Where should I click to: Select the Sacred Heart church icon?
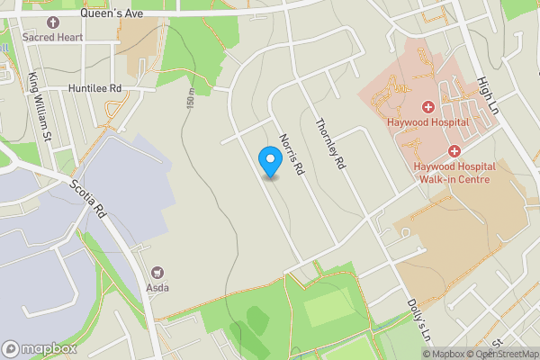click(53, 22)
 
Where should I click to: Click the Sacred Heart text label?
click(53, 37)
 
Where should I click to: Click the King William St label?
click(39, 107)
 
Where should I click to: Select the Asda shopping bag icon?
click(159, 273)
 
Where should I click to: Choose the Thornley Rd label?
click(329, 145)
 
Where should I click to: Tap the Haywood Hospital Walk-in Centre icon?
click(454, 151)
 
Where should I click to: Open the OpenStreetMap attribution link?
click(504, 354)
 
